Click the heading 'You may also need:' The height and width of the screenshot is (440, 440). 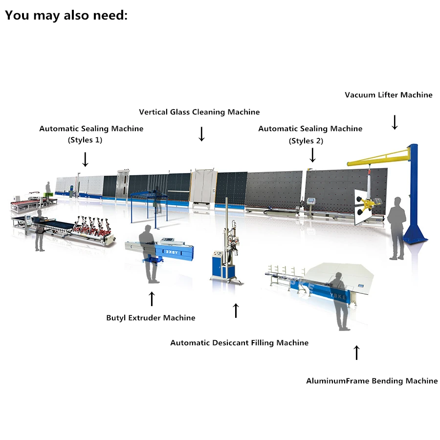tap(66, 15)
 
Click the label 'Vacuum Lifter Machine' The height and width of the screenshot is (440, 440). tap(388, 95)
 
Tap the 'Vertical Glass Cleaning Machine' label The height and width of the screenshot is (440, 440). tap(199, 112)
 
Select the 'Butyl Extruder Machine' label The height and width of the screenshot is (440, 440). tap(151, 318)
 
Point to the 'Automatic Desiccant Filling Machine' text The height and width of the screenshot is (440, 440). tap(239, 343)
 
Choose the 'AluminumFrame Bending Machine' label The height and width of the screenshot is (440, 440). tap(372, 381)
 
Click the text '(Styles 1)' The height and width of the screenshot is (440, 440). tap(85, 140)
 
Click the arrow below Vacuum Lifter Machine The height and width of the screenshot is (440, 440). tap(395, 122)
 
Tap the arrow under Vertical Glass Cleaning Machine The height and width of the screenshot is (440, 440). tap(201, 133)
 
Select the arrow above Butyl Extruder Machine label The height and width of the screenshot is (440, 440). tap(152, 298)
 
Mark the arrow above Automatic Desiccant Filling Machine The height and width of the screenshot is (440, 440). tap(236, 310)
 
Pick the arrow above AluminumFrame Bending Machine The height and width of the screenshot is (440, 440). tap(356, 352)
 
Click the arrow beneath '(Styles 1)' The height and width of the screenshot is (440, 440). tap(85, 159)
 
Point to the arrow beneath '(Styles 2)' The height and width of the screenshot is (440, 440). tap(312, 154)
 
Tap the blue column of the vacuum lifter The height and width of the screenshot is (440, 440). tap(414, 196)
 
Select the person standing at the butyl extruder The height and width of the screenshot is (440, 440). tap(150, 254)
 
